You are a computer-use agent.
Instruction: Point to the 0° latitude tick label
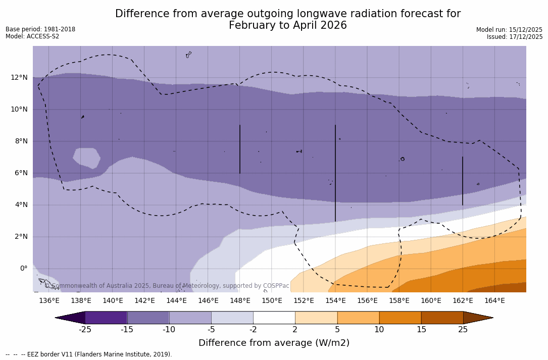(23, 269)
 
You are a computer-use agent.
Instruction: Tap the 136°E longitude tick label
(49, 301)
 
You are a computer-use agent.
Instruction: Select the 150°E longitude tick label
(272, 301)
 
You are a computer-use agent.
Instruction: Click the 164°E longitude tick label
(494, 301)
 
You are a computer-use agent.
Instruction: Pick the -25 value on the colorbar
(85, 330)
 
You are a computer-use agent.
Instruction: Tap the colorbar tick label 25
(463, 330)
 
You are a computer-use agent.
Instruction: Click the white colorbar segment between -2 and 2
(274, 318)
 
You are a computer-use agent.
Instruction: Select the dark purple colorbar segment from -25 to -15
(106, 318)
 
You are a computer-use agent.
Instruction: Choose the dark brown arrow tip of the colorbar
(477, 318)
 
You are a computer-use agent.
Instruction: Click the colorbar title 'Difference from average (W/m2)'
(274, 343)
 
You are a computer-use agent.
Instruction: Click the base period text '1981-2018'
(60, 29)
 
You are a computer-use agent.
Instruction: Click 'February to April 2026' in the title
(287, 26)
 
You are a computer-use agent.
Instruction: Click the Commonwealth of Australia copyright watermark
(167, 286)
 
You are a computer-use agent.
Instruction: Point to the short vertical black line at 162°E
(463, 181)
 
